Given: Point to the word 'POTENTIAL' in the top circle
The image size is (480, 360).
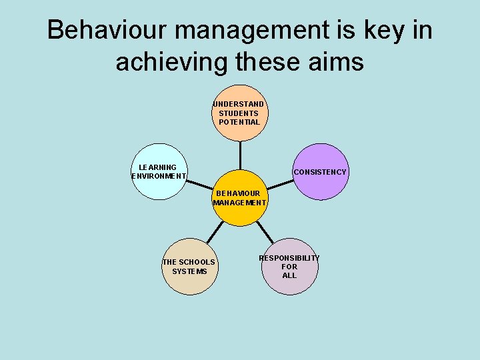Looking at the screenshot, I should coord(239,122).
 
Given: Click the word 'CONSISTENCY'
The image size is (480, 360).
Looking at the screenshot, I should coord(320,172).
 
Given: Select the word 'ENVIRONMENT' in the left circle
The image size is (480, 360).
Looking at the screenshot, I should coord(159,177).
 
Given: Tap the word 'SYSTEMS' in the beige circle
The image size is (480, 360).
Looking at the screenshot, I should coord(189,271).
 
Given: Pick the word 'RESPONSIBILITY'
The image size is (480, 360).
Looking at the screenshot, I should coord(289,258).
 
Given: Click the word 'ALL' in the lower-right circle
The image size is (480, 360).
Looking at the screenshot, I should coord(289,275).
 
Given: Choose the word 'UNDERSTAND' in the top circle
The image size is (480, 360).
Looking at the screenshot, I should coord(239,104).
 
